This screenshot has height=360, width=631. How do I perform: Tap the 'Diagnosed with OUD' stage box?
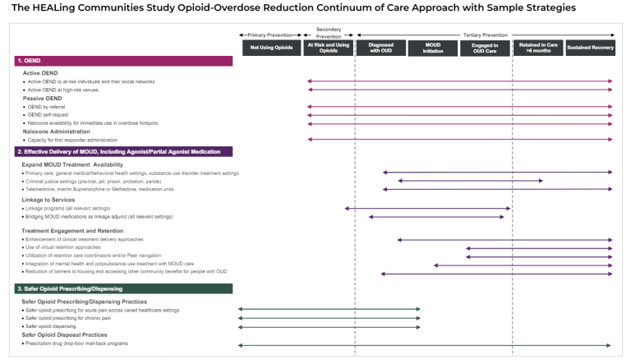[380, 48]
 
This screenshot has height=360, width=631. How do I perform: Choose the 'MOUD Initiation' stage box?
[432, 48]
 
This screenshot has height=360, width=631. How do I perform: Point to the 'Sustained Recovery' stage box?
[589, 48]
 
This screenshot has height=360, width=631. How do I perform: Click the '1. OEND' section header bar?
[123, 61]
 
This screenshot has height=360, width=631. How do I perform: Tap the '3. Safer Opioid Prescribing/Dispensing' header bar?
[123, 288]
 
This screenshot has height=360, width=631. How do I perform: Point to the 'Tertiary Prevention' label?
[484, 35]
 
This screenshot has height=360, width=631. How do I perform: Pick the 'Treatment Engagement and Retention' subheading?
[73, 231]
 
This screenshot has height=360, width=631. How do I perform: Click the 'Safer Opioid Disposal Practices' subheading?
[65, 335]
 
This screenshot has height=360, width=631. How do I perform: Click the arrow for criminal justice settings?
[470, 181]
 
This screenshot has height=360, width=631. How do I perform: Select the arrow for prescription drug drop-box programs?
[425, 345]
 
